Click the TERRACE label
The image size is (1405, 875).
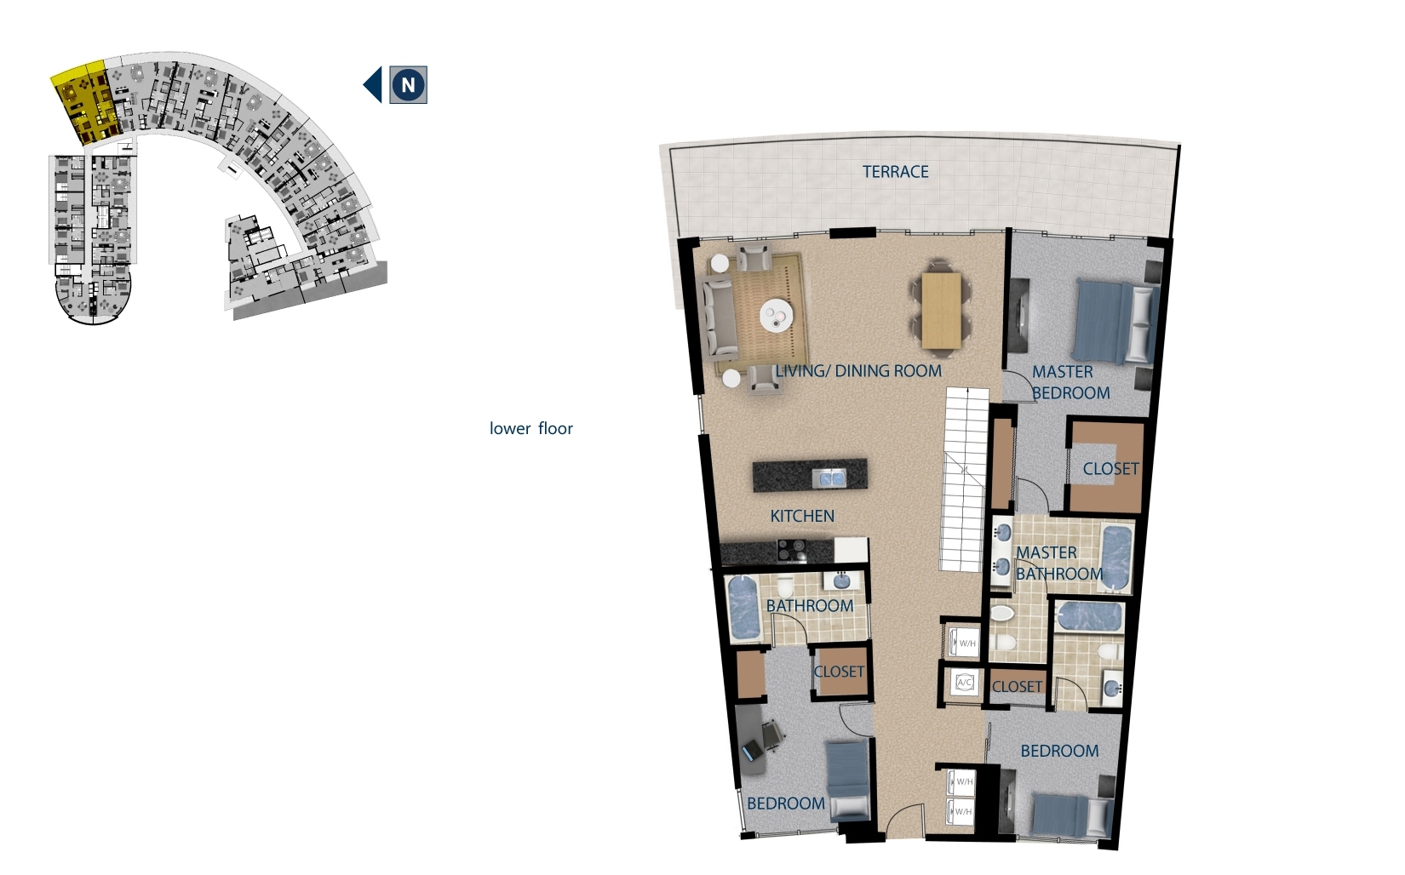tap(895, 172)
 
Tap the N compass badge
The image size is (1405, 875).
tap(409, 84)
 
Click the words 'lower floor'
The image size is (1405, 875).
tap(531, 429)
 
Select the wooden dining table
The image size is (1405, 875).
tap(941, 311)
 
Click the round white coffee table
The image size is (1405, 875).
tap(777, 315)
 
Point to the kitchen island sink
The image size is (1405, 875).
tap(829, 478)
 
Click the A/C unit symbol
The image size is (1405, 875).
tap(965, 682)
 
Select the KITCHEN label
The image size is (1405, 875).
tap(802, 517)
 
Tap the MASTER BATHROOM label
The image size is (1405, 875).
tap(1059, 563)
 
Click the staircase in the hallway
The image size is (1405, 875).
tap(963, 479)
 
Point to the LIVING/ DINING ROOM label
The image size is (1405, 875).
tap(858, 371)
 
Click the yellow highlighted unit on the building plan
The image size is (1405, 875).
tap(85, 104)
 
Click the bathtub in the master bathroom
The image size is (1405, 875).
tap(1115, 558)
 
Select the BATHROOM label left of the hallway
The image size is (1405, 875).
tap(810, 606)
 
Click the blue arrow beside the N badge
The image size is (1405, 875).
tap(373, 84)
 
